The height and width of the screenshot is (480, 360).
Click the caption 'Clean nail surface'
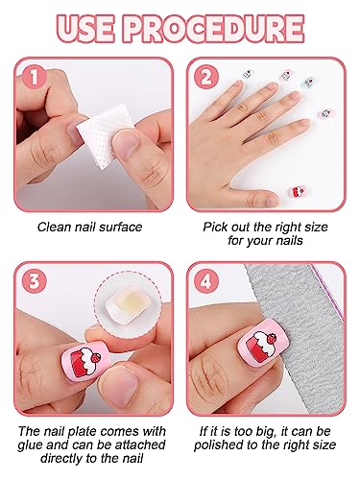tap(88, 228)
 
